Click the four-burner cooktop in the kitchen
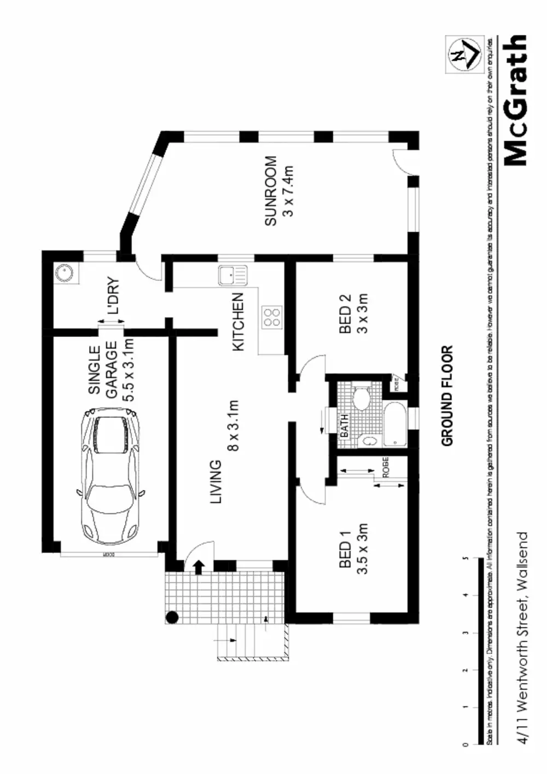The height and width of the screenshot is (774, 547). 272,317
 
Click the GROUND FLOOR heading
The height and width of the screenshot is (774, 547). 447,395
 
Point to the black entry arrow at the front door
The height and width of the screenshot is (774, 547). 198,567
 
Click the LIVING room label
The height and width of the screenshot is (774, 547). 217,481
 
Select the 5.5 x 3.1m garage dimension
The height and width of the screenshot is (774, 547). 128,370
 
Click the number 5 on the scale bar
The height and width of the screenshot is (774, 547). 465,558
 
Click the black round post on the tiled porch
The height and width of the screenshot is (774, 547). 172,618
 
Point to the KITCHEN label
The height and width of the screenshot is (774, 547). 238,322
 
